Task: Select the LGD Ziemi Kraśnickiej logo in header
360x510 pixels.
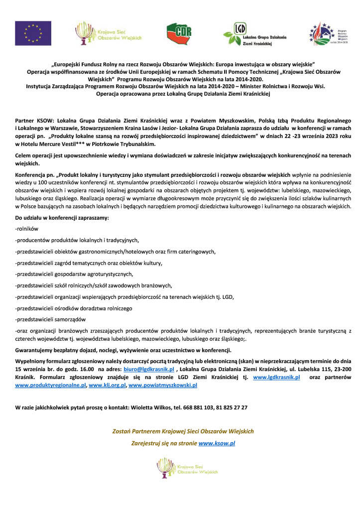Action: pos(254,34)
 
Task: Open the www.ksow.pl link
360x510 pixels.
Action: pos(217,442)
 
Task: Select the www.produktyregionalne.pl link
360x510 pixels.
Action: pos(51,385)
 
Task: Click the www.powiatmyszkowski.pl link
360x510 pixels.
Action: pos(163,385)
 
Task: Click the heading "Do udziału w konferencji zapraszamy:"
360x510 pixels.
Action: pos(62,218)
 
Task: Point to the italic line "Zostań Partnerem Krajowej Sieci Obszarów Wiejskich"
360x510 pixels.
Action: pos(182,431)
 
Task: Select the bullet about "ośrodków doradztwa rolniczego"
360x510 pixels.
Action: pos(74,308)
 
